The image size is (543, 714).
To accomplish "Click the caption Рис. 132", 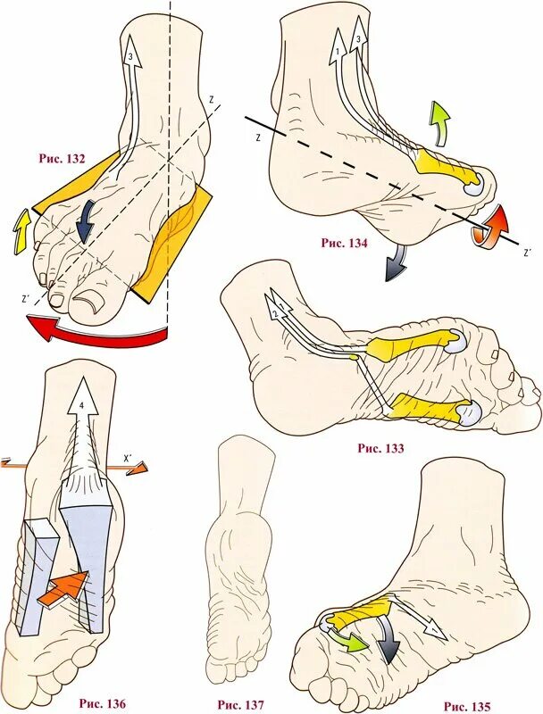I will coord(62,159).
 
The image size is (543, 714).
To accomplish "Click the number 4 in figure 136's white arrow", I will coord(82,406).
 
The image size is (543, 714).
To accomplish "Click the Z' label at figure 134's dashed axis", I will coord(528,253).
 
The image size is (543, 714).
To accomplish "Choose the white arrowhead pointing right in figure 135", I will coord(434,630).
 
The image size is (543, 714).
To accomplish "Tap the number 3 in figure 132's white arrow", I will coord(132,56).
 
